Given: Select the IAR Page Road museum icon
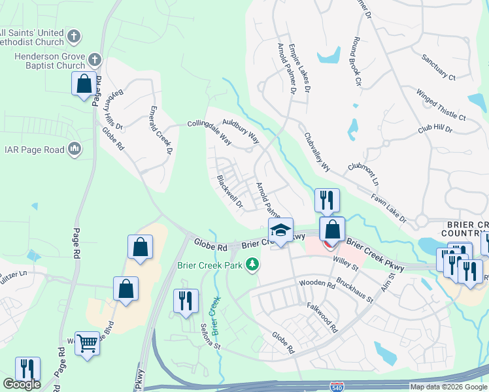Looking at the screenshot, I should point(75,150).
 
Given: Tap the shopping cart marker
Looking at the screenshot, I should point(87,342).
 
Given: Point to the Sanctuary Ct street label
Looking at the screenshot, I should point(439,67).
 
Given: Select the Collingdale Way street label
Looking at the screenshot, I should point(210,132).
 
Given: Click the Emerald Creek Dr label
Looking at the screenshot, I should point(161,131).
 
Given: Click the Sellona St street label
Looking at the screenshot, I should point(209,327).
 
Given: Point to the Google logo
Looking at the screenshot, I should point(22,384).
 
